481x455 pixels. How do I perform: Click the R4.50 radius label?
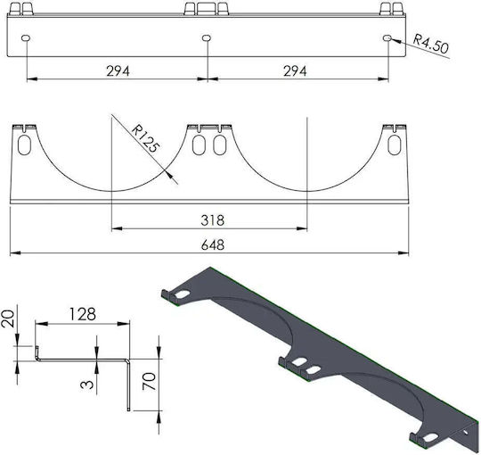point(430,43)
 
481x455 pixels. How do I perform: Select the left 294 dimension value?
point(118,71)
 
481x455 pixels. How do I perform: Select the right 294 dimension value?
point(295,71)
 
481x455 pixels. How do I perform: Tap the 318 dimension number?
point(213,220)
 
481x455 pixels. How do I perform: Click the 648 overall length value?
point(213,245)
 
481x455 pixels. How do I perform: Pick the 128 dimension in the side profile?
point(83,314)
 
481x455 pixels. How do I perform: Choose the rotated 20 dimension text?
point(8,318)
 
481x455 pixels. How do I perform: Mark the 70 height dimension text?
point(150,381)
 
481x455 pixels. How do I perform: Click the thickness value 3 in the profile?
point(86,385)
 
